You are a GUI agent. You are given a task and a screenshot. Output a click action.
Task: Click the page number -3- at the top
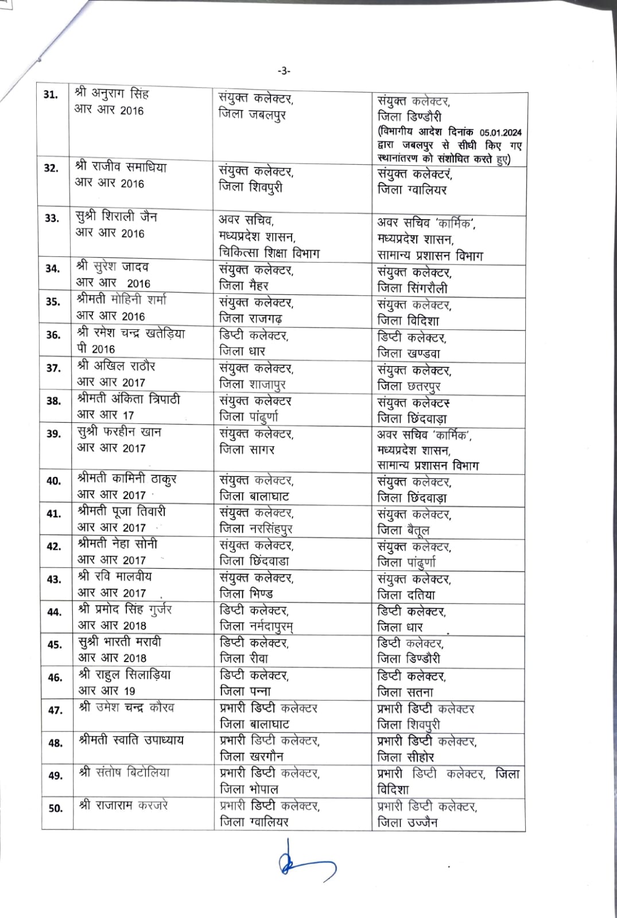coord(284,71)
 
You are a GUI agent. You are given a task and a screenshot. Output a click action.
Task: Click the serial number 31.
coord(51,95)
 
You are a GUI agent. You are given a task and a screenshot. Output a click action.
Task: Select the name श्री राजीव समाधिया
coord(121,168)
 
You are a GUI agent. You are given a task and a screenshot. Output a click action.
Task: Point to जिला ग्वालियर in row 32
coord(412,189)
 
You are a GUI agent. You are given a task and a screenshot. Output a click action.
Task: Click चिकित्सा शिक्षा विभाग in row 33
coord(269,252)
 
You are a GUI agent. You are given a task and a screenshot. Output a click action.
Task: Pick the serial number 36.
coord(53,334)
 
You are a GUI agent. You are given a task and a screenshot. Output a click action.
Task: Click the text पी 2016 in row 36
coord(95,349)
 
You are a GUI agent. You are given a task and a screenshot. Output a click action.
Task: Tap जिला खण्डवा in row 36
coord(409,353)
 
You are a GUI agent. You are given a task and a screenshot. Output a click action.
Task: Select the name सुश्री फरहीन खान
coord(119,432)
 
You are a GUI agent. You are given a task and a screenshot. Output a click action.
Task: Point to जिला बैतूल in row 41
coord(403,530)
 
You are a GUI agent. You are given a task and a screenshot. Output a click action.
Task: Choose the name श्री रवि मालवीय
coord(115,577)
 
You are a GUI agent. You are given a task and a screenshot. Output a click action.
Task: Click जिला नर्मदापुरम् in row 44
coord(257,626)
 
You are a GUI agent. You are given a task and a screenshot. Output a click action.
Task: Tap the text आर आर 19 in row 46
coord(106,691)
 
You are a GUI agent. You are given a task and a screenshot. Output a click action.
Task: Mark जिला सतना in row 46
coord(405,692)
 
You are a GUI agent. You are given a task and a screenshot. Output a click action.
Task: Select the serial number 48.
coord(55,743)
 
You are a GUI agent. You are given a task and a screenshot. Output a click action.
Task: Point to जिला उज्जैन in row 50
coord(408,822)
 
